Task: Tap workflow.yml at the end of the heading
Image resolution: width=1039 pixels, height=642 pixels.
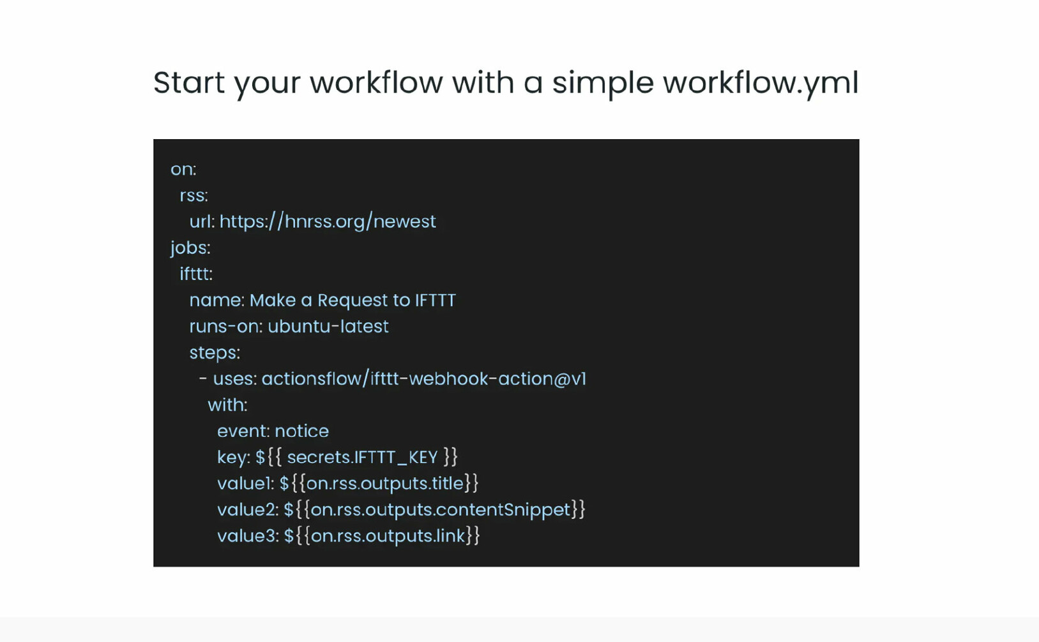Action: (761, 84)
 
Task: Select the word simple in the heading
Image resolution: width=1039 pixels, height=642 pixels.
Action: (603, 84)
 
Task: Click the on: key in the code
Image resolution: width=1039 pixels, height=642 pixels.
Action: (183, 170)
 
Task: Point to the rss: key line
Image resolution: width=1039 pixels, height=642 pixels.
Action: (194, 196)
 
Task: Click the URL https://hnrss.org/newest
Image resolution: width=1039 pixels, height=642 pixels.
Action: (328, 221)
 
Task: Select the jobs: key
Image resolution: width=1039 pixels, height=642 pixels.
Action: (191, 248)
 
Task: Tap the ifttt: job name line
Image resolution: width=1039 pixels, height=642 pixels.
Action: (196, 274)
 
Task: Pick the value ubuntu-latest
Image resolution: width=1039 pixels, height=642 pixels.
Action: (328, 326)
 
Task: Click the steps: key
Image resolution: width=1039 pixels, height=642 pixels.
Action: (215, 353)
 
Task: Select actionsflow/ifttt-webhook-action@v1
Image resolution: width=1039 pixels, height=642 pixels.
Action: (424, 378)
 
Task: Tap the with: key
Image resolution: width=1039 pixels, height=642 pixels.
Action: (228, 405)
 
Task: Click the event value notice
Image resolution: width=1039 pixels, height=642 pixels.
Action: (302, 431)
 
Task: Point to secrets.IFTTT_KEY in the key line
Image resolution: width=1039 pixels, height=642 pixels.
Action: (362, 458)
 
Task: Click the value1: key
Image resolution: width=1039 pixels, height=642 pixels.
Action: (246, 484)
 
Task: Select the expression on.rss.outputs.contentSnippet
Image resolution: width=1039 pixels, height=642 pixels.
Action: (441, 511)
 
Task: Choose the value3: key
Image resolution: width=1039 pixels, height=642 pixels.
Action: (248, 536)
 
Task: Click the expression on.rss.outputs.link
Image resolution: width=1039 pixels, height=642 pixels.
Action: (388, 536)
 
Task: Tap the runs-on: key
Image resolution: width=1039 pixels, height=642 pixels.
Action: (226, 327)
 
